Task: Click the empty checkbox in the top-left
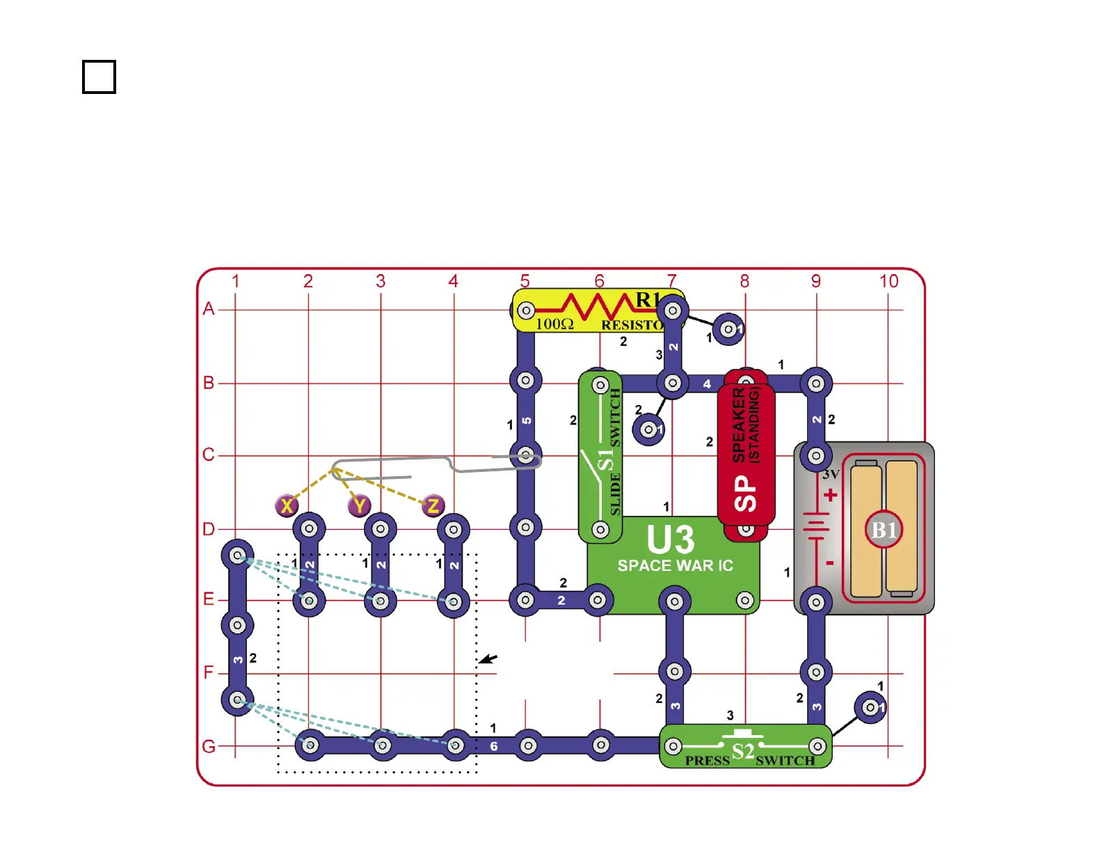[99, 77]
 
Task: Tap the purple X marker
[287, 505]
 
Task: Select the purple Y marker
[360, 505]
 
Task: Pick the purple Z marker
[433, 505]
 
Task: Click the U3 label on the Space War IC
[670, 539]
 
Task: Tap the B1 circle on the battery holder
[884, 530]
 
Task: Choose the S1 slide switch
[600, 456]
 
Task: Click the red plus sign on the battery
[830, 496]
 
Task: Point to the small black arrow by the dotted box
[488, 658]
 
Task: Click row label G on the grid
[208, 747]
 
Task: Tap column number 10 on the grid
[888, 281]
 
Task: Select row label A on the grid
[208, 308]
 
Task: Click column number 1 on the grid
[235, 281]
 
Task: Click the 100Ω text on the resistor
[554, 324]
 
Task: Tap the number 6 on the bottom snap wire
[493, 746]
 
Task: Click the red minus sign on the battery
[829, 562]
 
